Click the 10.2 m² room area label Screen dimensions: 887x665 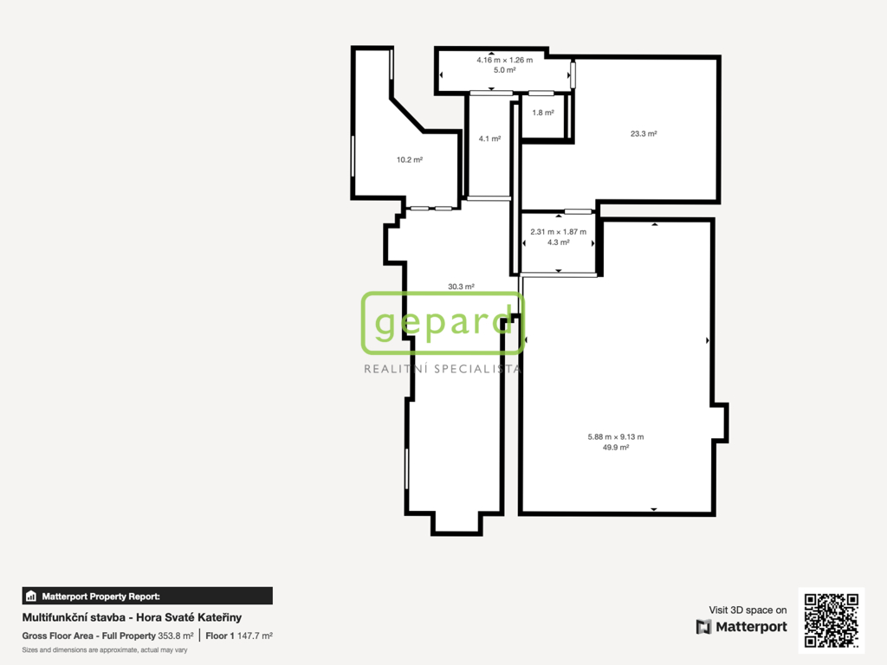click(x=410, y=159)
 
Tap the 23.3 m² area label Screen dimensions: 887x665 click(x=644, y=133)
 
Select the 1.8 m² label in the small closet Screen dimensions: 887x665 click(x=543, y=113)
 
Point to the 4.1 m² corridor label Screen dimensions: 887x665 click(x=490, y=139)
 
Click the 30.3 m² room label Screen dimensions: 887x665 click(x=461, y=287)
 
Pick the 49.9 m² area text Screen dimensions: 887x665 click(x=616, y=448)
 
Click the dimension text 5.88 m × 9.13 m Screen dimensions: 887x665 click(x=616, y=436)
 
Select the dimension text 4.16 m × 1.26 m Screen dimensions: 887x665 click(x=505, y=60)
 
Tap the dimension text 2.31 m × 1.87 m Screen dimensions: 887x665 click(x=559, y=232)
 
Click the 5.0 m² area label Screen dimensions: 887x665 click(x=505, y=70)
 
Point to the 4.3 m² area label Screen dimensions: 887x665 click(x=559, y=242)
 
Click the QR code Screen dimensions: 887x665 click(x=832, y=620)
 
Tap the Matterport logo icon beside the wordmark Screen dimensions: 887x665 click(x=703, y=627)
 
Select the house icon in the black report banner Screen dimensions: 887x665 click(x=31, y=596)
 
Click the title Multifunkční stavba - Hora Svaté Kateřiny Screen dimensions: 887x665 click(x=132, y=617)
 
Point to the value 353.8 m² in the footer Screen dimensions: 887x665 click(x=175, y=636)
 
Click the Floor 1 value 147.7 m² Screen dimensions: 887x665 click(x=255, y=636)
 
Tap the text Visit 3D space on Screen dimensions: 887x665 click(x=748, y=610)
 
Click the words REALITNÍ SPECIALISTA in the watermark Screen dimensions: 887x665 click(x=443, y=369)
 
